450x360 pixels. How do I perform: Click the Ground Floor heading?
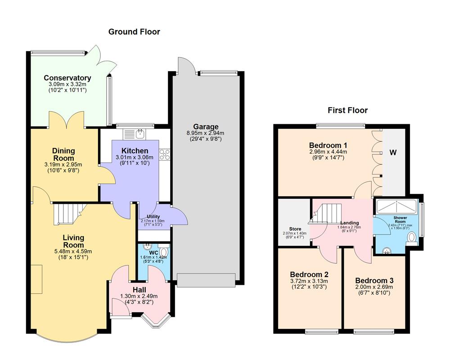tap(134, 31)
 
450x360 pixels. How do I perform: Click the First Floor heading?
tap(347, 110)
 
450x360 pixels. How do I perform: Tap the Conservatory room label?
tap(67, 78)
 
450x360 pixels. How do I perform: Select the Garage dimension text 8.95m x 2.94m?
tap(206, 133)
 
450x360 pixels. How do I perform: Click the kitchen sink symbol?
tap(135, 133)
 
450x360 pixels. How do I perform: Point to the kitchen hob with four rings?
tap(164, 154)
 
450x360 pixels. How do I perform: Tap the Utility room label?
tap(153, 216)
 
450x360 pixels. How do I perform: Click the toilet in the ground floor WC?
tap(164, 252)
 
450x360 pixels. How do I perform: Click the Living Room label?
tap(73, 241)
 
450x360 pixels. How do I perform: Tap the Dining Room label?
tap(63, 154)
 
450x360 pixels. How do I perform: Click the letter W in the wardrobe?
tap(393, 153)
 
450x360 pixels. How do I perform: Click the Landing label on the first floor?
tap(349, 223)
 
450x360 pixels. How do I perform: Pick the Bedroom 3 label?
tap(374, 279)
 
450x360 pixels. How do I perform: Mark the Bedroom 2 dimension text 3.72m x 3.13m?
tap(309, 280)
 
